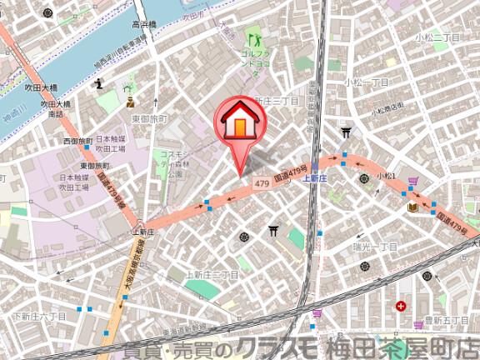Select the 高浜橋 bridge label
point(143,26)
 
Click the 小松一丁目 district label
point(368,82)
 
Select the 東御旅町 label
point(149,119)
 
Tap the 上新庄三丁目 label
point(212,273)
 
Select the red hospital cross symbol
point(402,306)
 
